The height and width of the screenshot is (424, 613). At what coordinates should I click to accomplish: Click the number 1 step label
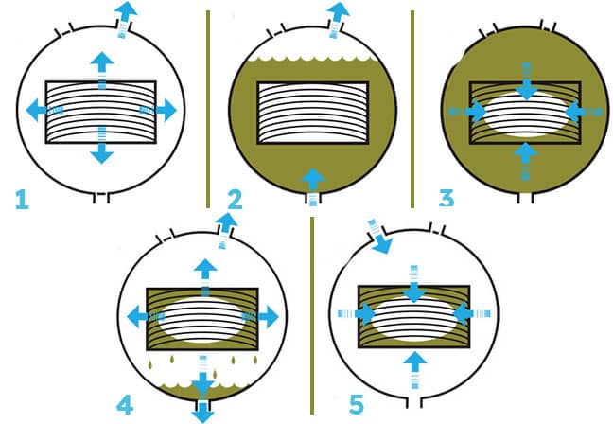pos(22,200)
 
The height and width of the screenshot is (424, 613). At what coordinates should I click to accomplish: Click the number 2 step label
pos(235,200)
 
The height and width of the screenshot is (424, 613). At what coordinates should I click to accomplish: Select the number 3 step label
pos(447,198)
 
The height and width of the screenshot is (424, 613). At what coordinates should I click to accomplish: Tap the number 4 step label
pos(125,405)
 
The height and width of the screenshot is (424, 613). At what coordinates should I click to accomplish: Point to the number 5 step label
pos(356,404)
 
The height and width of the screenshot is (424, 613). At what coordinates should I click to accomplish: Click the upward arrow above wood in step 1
pos(102,70)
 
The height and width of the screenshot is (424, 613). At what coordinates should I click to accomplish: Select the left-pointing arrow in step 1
pos(44,110)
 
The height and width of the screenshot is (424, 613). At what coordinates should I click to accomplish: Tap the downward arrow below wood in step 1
pos(101,145)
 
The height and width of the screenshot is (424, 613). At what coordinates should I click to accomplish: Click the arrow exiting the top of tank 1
pos(125,19)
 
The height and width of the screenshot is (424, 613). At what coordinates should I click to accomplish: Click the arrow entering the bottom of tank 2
pos(313,186)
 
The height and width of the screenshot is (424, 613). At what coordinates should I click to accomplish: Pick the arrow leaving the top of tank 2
pos(337,20)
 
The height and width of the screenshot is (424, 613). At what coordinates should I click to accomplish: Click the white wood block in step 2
pos(313,113)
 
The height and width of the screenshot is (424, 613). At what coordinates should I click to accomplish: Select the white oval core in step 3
pos(526,114)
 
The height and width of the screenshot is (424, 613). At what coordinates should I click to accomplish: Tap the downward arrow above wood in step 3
pos(527,80)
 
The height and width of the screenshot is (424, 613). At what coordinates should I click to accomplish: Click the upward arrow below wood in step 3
pos(526,161)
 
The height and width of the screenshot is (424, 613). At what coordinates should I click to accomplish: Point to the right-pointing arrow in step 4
pos(260,316)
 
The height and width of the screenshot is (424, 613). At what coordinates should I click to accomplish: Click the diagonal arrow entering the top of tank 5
pos(379,237)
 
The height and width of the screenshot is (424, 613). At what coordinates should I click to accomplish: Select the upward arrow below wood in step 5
pos(414,370)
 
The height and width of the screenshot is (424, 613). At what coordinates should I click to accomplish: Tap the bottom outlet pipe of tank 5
pos(414,402)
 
